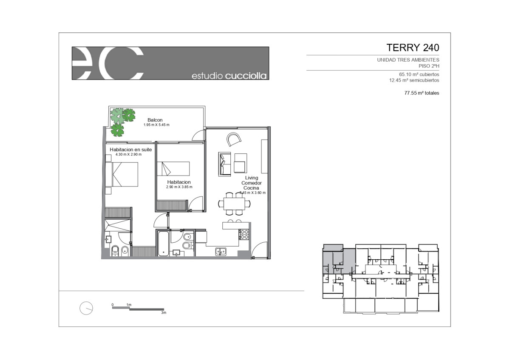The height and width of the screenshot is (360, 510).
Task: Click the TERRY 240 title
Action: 413,48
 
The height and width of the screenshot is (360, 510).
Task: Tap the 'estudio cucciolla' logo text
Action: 229,76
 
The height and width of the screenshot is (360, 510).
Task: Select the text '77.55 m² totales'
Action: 422,93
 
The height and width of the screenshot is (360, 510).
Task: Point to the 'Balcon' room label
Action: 155,120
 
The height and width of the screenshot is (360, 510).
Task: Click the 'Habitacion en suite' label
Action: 131,150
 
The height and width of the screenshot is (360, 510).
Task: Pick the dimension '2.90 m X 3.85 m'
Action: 179,187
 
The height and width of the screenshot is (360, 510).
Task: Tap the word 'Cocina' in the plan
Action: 251,188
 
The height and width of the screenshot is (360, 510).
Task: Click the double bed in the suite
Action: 122,174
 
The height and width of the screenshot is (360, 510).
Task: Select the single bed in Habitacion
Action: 173,169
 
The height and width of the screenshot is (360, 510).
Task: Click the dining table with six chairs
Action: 234,204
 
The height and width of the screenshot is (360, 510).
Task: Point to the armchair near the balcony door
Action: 234,139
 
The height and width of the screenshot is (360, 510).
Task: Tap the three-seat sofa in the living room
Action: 224,164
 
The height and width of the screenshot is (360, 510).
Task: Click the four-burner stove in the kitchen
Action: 244,234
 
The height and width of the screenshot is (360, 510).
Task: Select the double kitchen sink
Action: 221,251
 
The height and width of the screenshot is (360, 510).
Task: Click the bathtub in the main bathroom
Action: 163,244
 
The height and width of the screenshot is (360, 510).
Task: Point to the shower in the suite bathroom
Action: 118,225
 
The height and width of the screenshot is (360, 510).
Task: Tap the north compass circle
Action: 86,308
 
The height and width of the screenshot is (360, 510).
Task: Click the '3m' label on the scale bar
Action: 164,313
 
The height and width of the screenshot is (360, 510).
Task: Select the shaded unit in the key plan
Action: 339,259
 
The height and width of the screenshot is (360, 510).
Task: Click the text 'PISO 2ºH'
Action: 429,66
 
